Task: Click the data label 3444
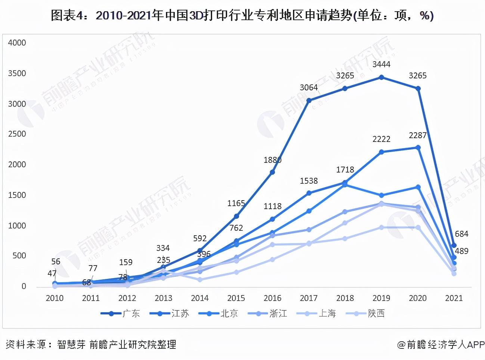[x=381, y=64]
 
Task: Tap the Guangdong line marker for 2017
[x=309, y=100]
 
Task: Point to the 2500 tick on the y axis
[x=17, y=134]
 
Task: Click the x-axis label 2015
[x=236, y=298]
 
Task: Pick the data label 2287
[x=417, y=135]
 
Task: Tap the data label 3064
[x=309, y=87]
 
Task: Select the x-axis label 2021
[x=454, y=298]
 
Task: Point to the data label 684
[x=461, y=234]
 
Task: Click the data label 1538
[x=309, y=181]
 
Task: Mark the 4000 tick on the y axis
[x=17, y=43]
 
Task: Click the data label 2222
[x=381, y=139]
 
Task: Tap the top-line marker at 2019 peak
[x=381, y=77]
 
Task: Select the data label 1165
[x=236, y=203]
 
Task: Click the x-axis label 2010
[x=55, y=298]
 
